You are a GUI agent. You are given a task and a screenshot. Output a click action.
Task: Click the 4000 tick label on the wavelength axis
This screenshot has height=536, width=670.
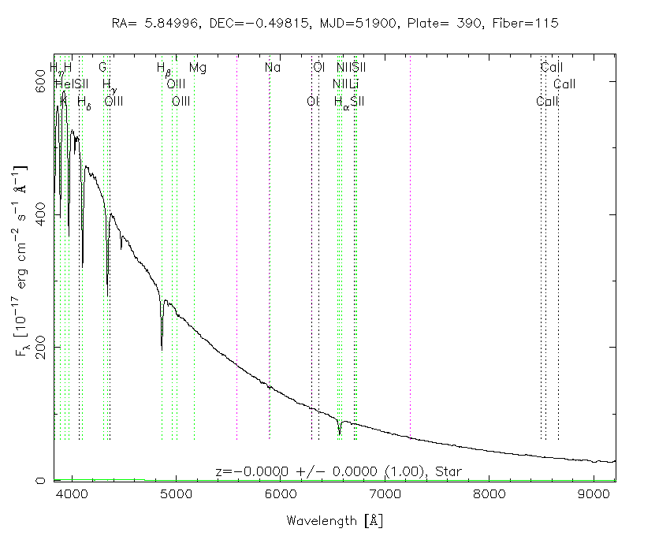click(72, 494)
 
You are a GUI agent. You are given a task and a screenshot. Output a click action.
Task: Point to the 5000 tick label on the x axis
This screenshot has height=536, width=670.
click(176, 494)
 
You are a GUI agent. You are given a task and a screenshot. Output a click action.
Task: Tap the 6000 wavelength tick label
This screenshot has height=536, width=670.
click(280, 494)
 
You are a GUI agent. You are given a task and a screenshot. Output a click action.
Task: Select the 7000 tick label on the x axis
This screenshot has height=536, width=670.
click(384, 494)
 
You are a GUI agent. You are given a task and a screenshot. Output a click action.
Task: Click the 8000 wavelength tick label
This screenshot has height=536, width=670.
click(488, 494)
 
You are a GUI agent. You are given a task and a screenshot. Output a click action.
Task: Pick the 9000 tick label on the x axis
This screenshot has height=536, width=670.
click(592, 494)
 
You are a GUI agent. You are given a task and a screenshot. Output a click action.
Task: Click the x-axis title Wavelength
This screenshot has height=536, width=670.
click(334, 521)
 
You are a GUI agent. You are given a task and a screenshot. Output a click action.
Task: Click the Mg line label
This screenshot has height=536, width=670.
click(198, 68)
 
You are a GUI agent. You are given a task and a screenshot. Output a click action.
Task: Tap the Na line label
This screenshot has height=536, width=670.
click(273, 68)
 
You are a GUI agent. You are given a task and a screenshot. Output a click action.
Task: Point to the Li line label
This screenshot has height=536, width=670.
click(355, 84)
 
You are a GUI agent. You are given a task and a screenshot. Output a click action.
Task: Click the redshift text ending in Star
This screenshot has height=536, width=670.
click(338, 471)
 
